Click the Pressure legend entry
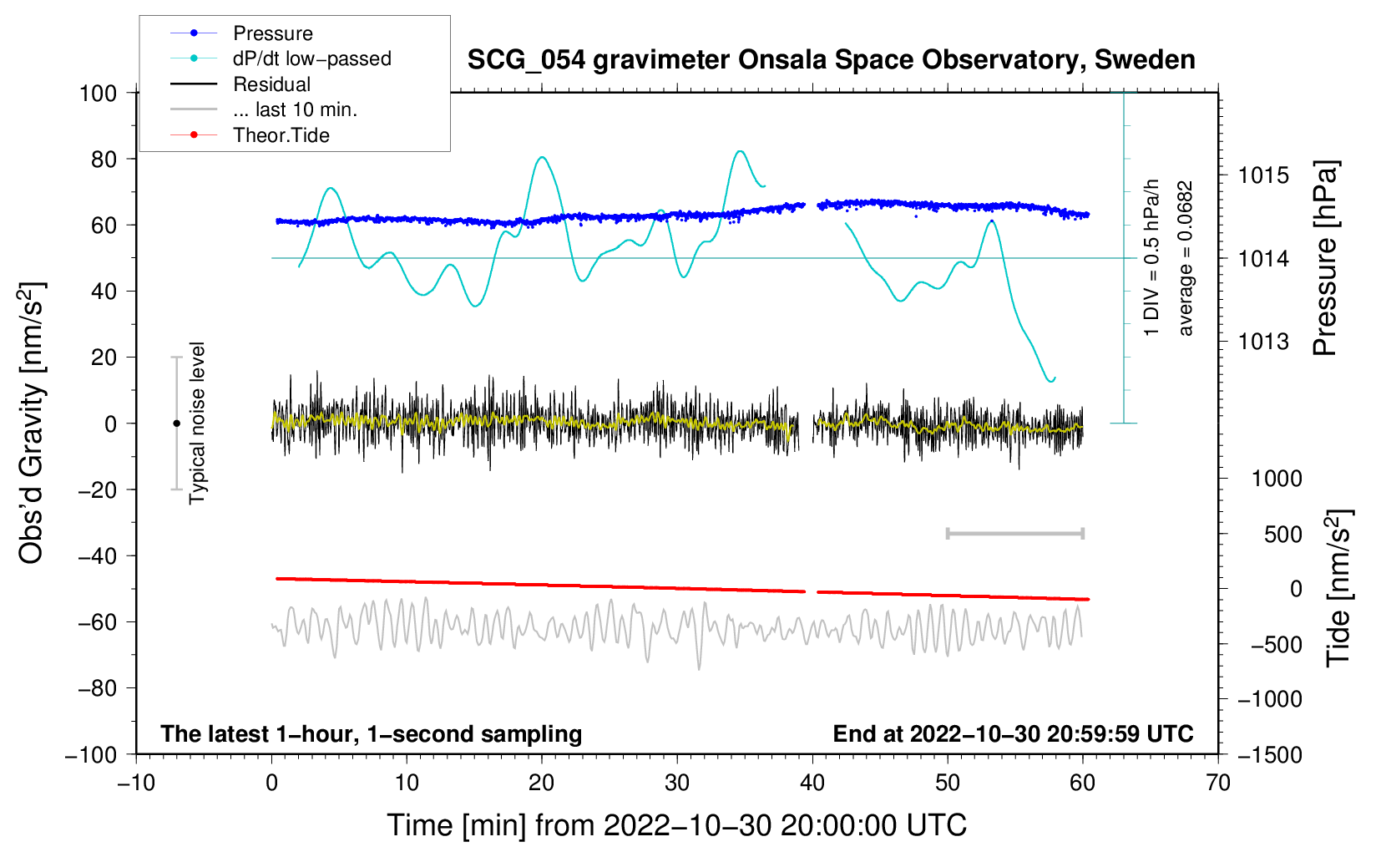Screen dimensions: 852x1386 (x=272, y=33)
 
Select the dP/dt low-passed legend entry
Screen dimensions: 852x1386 (x=311, y=58)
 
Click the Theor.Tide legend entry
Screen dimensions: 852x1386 (x=281, y=135)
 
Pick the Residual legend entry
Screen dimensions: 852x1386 (x=271, y=84)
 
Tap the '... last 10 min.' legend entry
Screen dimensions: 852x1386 (x=295, y=109)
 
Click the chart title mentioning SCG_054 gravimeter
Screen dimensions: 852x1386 (x=831, y=60)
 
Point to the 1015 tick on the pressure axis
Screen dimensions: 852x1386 (x=1263, y=175)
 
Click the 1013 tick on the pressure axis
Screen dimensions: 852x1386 (x=1263, y=342)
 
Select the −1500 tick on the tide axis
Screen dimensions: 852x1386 (x=1269, y=754)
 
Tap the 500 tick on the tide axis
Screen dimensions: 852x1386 (x=1283, y=534)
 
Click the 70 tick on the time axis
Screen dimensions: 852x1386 (x=1218, y=783)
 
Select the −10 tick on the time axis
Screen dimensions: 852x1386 (x=136, y=783)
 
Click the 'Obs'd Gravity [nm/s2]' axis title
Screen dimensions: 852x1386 (x=32, y=423)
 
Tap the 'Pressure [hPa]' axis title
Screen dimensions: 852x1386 (x=1325, y=259)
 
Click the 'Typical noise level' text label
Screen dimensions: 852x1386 (x=197, y=423)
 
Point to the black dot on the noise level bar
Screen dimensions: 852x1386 (x=176, y=423)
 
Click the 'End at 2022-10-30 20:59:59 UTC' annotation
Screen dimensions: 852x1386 (x=1013, y=733)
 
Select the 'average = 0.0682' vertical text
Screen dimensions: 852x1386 (x=1186, y=259)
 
